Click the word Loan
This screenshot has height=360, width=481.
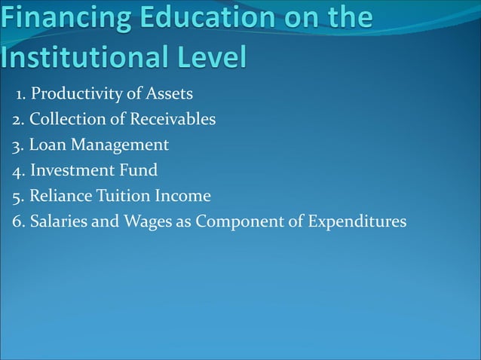[48, 145]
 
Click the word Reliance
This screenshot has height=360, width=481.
[61, 196]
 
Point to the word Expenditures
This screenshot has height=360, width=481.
[359, 222]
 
